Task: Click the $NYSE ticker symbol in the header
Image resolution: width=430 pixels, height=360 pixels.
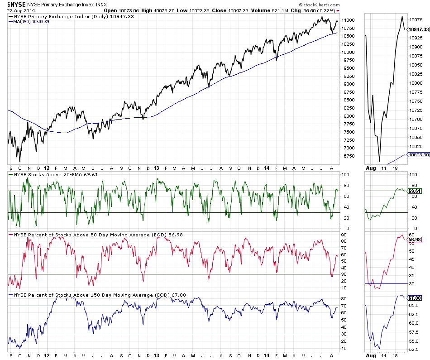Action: pos(16,5)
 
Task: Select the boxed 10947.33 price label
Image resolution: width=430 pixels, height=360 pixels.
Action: pos(418,29)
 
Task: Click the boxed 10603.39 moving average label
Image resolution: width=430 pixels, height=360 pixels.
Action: pos(418,154)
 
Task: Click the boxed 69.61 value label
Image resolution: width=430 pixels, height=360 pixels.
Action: pos(415,191)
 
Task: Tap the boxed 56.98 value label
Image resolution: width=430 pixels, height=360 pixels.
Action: pos(415,240)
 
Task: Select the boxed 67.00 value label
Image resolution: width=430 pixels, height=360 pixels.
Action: pos(415,298)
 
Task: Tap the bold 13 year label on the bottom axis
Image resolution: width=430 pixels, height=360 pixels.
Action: pos(156,356)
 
